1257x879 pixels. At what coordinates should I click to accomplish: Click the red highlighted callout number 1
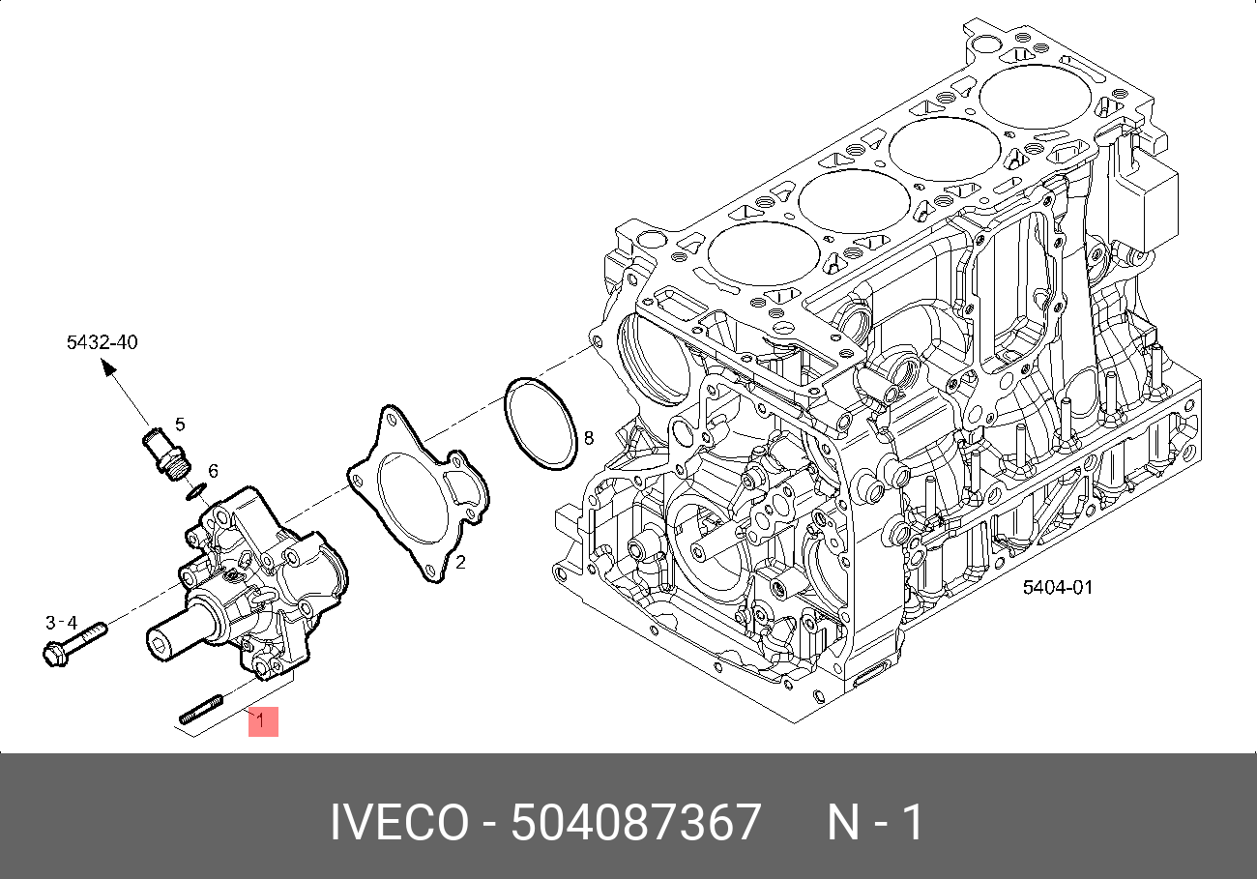click(x=263, y=721)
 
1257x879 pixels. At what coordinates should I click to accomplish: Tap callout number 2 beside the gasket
click(x=460, y=563)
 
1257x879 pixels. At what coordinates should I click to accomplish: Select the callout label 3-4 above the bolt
click(x=61, y=623)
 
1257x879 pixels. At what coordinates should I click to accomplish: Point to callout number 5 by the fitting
click(x=180, y=424)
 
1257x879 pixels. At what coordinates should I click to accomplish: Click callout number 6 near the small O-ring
click(x=213, y=470)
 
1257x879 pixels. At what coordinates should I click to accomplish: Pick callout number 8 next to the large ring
click(x=588, y=438)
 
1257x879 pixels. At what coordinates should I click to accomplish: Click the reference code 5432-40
click(x=102, y=342)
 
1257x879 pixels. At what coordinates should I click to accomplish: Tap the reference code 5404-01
click(x=1058, y=588)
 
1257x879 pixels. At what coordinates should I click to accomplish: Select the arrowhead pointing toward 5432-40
click(x=108, y=367)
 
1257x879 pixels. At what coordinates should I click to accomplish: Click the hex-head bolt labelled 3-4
click(x=74, y=645)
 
